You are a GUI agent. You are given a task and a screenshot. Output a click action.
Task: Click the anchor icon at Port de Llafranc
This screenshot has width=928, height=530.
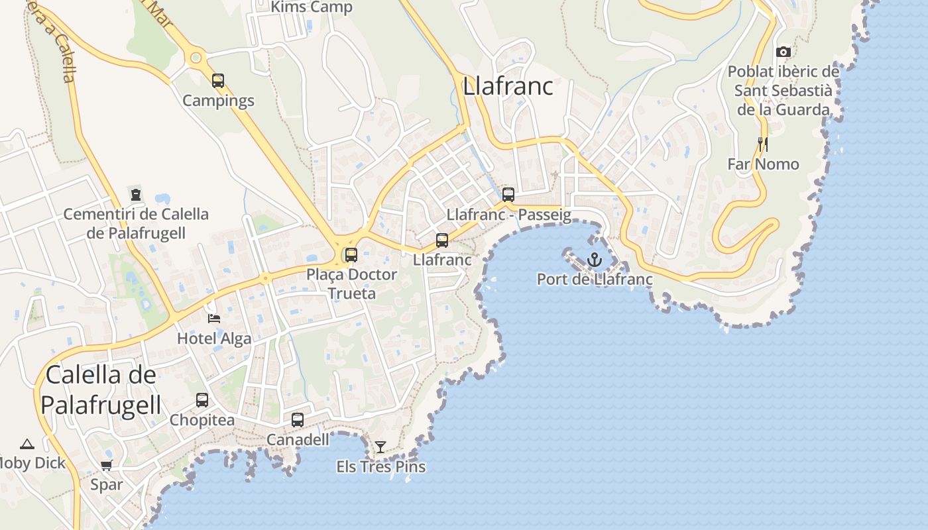pos(594,259)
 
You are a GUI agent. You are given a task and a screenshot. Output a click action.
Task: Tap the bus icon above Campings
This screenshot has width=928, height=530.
pos(218,81)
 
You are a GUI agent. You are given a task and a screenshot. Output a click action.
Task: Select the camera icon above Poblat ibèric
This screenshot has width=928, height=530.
pos(783,52)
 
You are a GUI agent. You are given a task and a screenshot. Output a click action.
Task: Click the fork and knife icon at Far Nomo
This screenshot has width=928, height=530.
pos(763,144)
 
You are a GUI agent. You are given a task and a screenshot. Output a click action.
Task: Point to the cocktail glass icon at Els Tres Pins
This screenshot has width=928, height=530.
pos(380,447)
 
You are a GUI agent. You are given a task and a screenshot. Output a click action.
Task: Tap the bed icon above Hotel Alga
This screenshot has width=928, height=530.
pos(213,319)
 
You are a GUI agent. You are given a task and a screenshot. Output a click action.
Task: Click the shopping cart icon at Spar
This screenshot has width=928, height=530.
pos(106,465)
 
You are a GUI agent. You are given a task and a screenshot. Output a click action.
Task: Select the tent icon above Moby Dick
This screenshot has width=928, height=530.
pos(27,444)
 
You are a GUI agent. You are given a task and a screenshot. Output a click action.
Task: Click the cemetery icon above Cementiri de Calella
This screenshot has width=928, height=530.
pos(136,195)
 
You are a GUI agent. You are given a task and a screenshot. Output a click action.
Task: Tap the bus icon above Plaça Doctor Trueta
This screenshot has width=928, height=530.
pos(351,254)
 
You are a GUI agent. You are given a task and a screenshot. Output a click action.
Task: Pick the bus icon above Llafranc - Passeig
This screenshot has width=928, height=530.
pos(508,195)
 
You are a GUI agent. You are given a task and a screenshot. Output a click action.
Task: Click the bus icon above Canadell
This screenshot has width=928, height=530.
pos(298,419)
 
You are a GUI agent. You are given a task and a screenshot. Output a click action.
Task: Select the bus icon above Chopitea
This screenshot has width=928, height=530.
pos(202,400)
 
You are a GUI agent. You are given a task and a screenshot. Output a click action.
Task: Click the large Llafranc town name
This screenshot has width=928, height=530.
pos(508,86)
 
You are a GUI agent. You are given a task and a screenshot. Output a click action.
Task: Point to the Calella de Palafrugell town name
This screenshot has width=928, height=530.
pos(101,390)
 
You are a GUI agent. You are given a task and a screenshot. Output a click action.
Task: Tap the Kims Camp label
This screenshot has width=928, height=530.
pos(312,7)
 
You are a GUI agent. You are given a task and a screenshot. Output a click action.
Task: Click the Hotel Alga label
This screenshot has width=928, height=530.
pos(214,339)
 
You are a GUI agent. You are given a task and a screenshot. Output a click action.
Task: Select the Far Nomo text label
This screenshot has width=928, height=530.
pos(763,164)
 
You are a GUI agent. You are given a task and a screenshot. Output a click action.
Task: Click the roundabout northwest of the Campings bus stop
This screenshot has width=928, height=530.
pos(196,58)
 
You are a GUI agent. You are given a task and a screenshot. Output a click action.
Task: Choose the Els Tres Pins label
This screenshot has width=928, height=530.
pos(380,466)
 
